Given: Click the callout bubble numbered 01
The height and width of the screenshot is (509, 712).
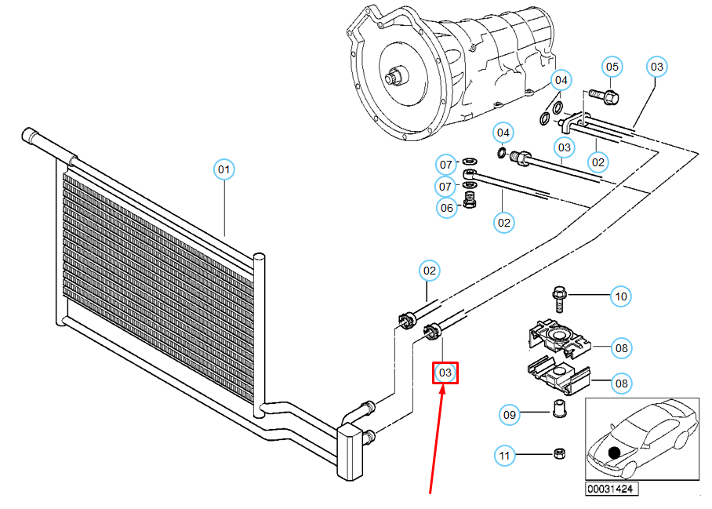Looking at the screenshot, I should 224,169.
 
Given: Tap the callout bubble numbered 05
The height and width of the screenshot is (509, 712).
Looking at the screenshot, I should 612,67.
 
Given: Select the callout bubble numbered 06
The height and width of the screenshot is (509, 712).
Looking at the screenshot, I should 446,208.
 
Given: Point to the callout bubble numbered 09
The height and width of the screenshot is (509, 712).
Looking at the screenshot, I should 510,414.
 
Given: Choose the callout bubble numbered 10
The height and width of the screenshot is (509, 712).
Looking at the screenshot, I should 621,296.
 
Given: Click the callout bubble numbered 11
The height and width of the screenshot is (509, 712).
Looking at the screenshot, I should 503,454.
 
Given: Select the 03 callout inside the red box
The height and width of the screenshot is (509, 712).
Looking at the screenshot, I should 445,373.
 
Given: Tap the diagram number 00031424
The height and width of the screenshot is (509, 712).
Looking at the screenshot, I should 610,489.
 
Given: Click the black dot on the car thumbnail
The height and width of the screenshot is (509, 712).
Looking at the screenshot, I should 614,453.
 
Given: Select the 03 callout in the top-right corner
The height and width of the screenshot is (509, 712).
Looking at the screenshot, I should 657,67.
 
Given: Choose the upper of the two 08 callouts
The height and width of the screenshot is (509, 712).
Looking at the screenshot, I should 621,347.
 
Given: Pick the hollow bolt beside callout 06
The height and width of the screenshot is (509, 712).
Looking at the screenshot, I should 470,202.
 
